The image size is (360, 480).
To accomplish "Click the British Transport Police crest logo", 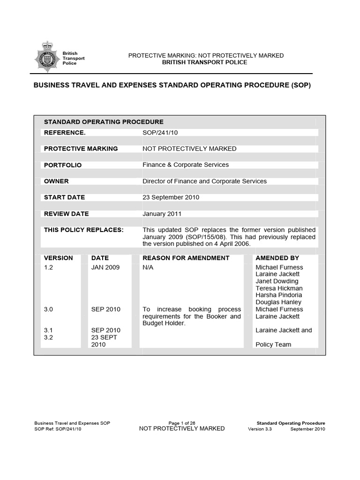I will (47, 58).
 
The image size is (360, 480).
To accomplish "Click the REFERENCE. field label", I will (65, 133).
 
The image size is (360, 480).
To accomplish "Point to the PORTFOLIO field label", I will (63, 165).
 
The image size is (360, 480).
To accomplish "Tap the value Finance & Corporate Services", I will (186, 165).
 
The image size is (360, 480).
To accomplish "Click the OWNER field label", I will (56, 181).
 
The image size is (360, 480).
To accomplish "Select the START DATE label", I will (64, 197).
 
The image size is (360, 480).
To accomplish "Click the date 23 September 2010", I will (171, 197).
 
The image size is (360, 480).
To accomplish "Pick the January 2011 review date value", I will (162, 214).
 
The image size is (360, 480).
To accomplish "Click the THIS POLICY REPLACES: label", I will (83, 230).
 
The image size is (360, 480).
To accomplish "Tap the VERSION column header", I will (59, 258).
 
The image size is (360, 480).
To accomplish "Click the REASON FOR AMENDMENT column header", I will (186, 258).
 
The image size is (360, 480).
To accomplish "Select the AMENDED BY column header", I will (277, 258).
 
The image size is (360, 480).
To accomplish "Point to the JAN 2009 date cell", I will (105, 267).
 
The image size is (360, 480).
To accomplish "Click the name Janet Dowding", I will (277, 281).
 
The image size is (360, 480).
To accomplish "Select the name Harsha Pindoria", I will (279, 295).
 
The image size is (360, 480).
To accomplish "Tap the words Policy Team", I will (273, 345).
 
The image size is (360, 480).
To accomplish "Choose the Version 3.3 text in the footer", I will (262, 429).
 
